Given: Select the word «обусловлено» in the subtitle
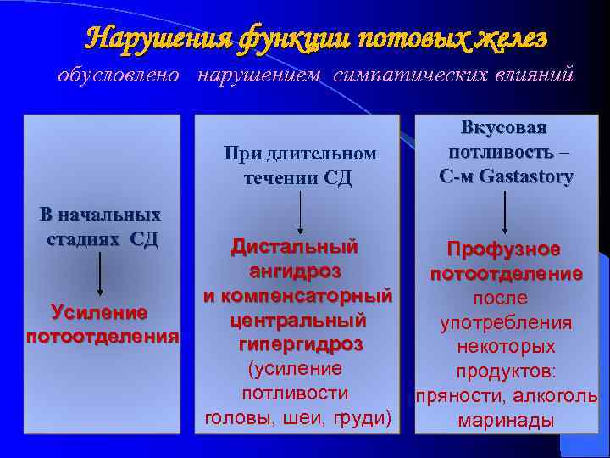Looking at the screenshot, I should tap(119, 75).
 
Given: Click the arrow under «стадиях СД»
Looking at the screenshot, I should tap(100, 273).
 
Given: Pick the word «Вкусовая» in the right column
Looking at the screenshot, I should tap(504, 128).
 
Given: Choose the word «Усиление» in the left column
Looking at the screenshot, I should tap(100, 312).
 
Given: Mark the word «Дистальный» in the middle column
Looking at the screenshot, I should tap(295, 248).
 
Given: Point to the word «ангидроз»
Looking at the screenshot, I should tap(296, 271).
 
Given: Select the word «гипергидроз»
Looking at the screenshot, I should tap(296, 344).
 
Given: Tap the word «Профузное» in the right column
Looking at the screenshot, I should tap(504, 249).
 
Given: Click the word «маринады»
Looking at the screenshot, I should tap(505, 421).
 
